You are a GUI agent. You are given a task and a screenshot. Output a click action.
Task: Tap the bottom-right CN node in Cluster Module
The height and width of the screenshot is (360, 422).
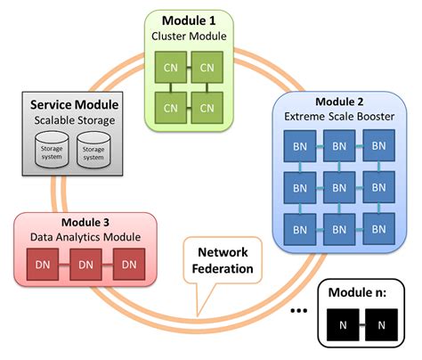(x=207, y=108)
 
